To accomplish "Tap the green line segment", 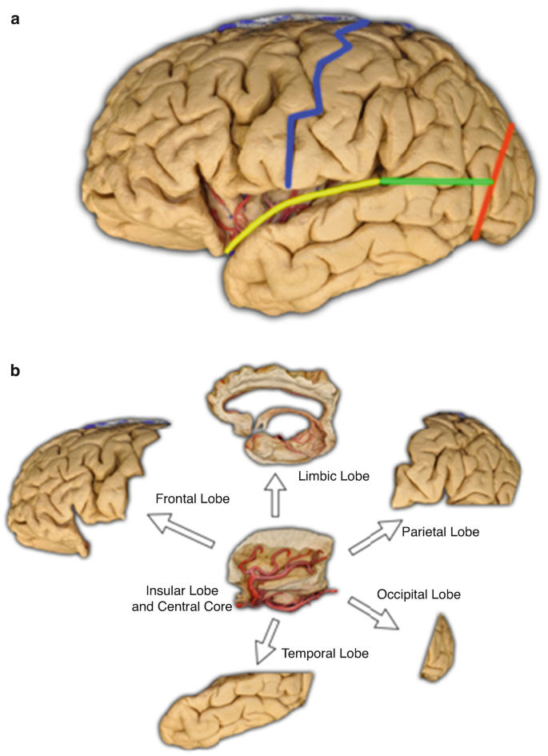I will click(436, 182).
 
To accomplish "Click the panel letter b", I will click(14, 371).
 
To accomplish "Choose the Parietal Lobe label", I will click(441, 530).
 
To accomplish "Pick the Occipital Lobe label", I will click(418, 594).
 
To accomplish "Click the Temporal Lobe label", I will click(325, 654).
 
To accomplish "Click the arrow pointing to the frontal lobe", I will click(183, 531).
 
